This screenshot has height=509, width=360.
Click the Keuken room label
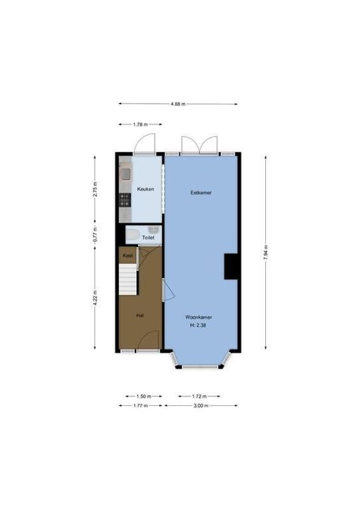[x=146, y=189]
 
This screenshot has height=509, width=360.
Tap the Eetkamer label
[x=201, y=192]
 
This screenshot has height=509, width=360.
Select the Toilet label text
[x=148, y=237]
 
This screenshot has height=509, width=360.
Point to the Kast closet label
[x=127, y=256]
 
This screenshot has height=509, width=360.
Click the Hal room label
[x=139, y=314]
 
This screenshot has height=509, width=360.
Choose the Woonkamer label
[x=198, y=316]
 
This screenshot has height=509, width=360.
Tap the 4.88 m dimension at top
[x=178, y=104]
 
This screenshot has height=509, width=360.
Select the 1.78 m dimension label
[x=141, y=125]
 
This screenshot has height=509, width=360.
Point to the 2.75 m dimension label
[x=95, y=189]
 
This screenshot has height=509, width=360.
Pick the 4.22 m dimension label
[x=95, y=298]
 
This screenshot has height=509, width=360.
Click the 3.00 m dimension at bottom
[x=201, y=405]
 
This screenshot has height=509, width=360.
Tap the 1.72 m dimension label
[x=198, y=396]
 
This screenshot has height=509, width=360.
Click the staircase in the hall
[x=128, y=280]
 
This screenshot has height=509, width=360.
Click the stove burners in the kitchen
[x=125, y=200]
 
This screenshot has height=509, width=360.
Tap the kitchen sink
[x=125, y=174]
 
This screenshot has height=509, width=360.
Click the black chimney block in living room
[x=231, y=266]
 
